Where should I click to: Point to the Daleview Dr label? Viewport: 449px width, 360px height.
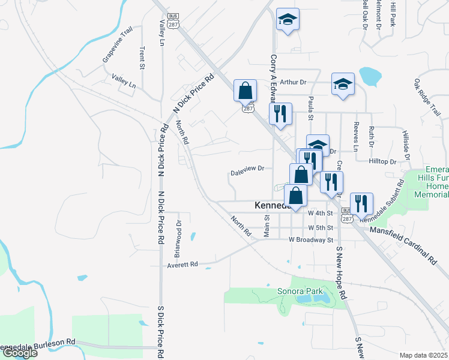click(x=247, y=169)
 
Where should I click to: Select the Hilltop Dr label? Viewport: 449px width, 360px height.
click(x=385, y=162)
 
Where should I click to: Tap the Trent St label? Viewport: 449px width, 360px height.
click(x=142, y=58)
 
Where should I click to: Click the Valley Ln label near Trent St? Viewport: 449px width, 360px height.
click(x=124, y=81)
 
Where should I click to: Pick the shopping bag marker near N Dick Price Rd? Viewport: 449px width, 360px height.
click(x=245, y=91)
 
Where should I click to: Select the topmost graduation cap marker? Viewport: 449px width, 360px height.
click(x=288, y=19)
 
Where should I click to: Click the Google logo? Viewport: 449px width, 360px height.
click(x=19, y=353)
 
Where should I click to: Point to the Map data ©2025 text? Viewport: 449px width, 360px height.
click(x=424, y=355)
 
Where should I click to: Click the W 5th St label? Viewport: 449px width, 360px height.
click(x=320, y=228)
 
